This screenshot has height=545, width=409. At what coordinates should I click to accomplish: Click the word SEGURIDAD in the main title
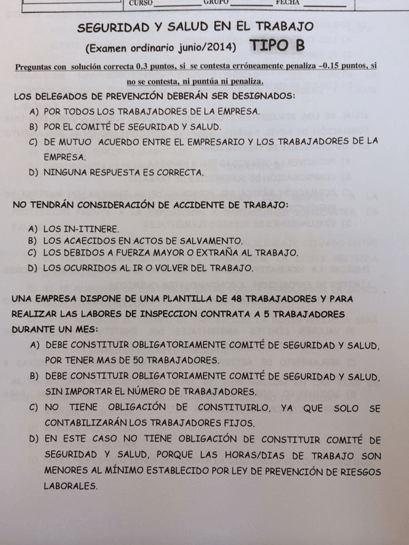[x=114, y=27]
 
